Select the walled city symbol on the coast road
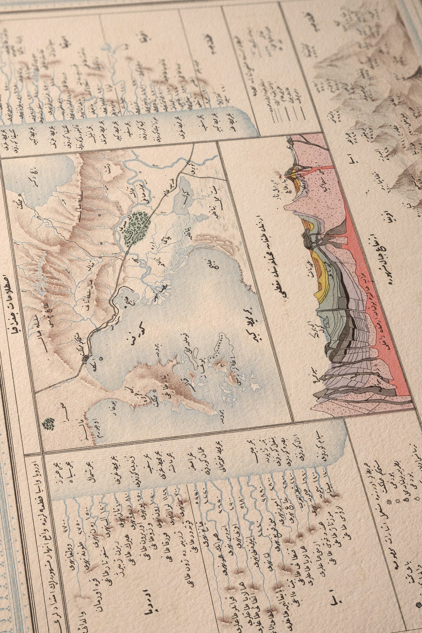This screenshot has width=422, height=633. tap(86, 358)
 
